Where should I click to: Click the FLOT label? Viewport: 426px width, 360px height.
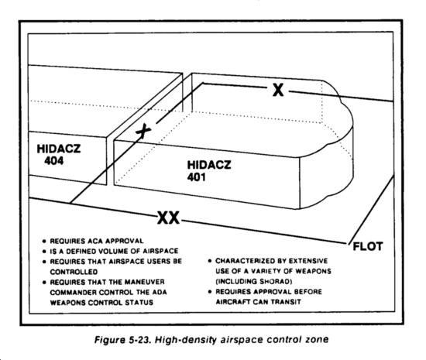368,246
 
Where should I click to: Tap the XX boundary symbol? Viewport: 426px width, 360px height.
168,218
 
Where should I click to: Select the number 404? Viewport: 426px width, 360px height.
54,161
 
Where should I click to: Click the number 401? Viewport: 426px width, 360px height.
196,177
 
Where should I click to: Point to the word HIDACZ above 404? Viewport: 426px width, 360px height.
59,149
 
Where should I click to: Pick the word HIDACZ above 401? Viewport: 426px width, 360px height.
209,165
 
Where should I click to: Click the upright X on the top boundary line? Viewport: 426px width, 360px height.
278,90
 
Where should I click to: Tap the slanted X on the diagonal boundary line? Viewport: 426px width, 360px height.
143,131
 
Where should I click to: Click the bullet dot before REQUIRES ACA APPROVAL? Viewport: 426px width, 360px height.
44,242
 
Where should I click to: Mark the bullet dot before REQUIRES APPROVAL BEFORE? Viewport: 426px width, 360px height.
210,292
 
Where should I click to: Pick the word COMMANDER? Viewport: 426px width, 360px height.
73,293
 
